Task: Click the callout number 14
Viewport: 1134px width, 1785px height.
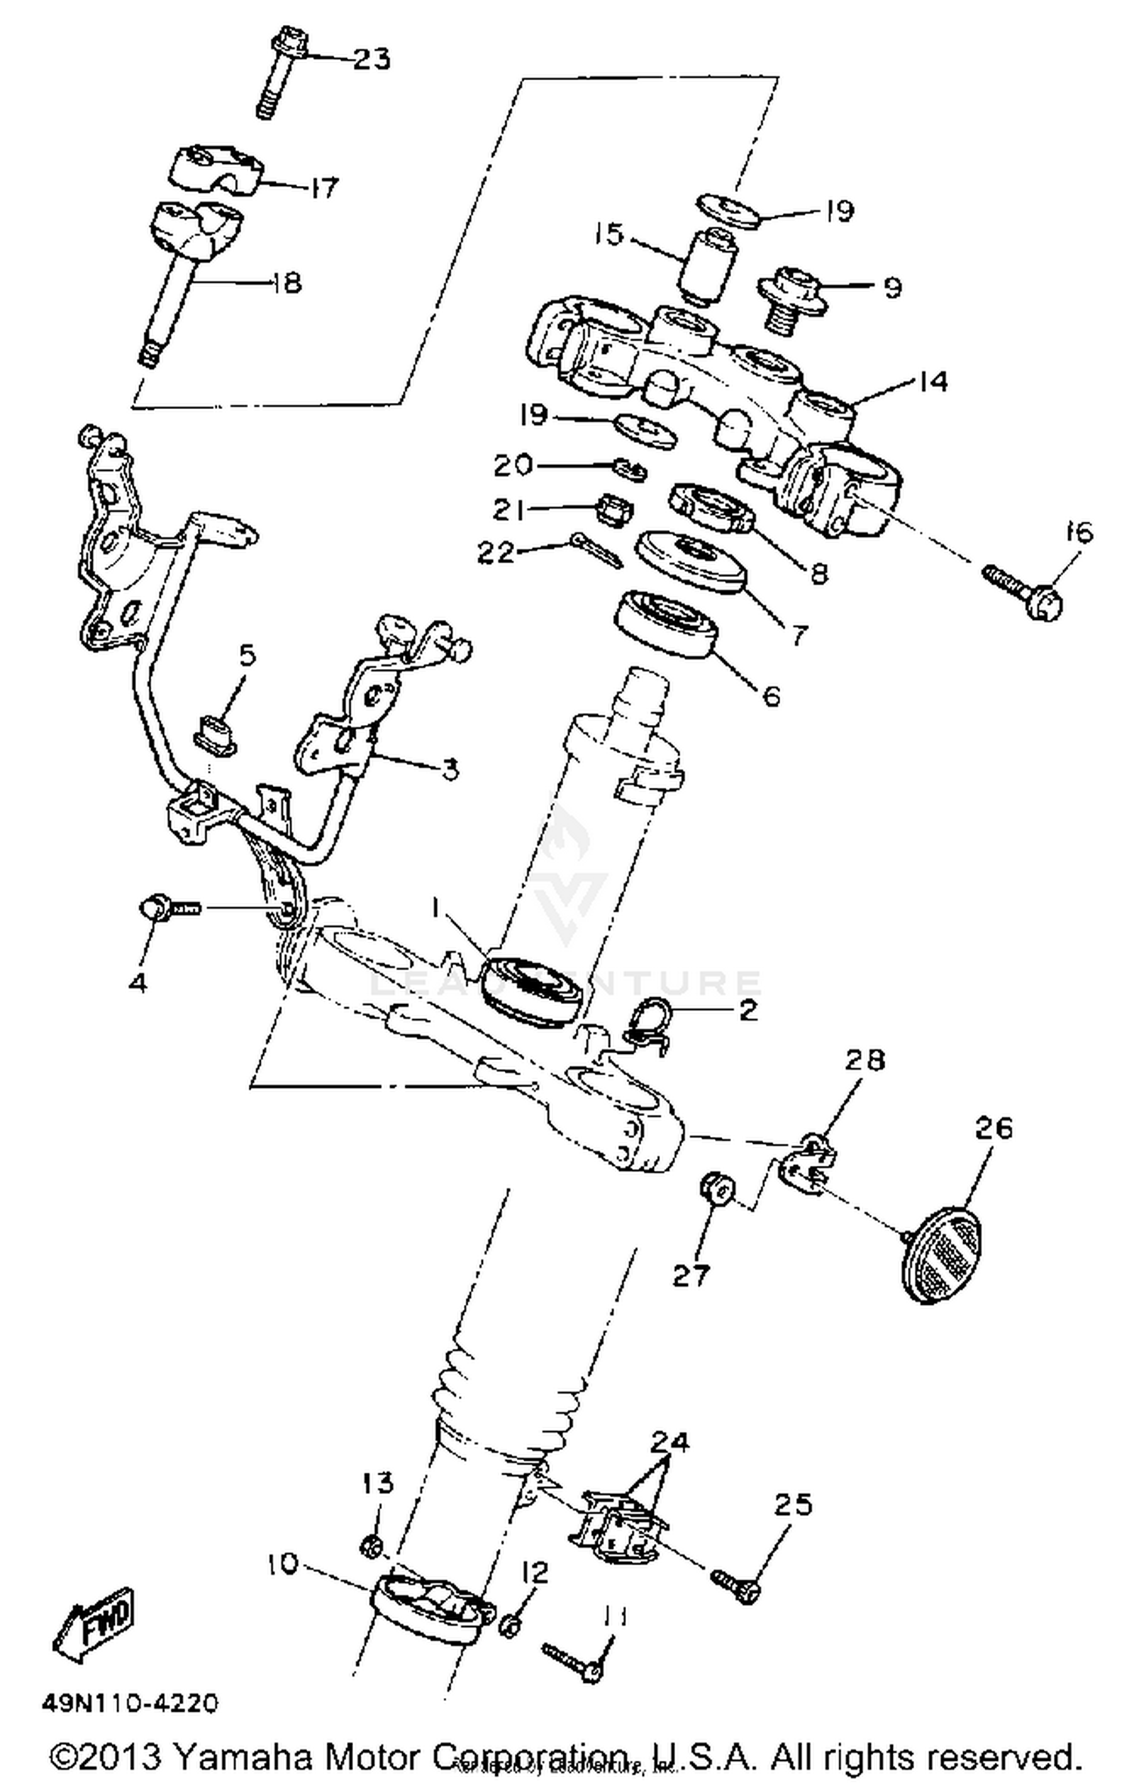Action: coord(934,381)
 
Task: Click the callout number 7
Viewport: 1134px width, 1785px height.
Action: coord(798,634)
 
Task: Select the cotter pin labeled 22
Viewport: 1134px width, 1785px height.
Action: coord(596,550)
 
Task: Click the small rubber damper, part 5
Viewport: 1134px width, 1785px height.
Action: coord(216,733)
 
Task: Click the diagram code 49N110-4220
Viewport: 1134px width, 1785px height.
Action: coord(130,1703)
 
